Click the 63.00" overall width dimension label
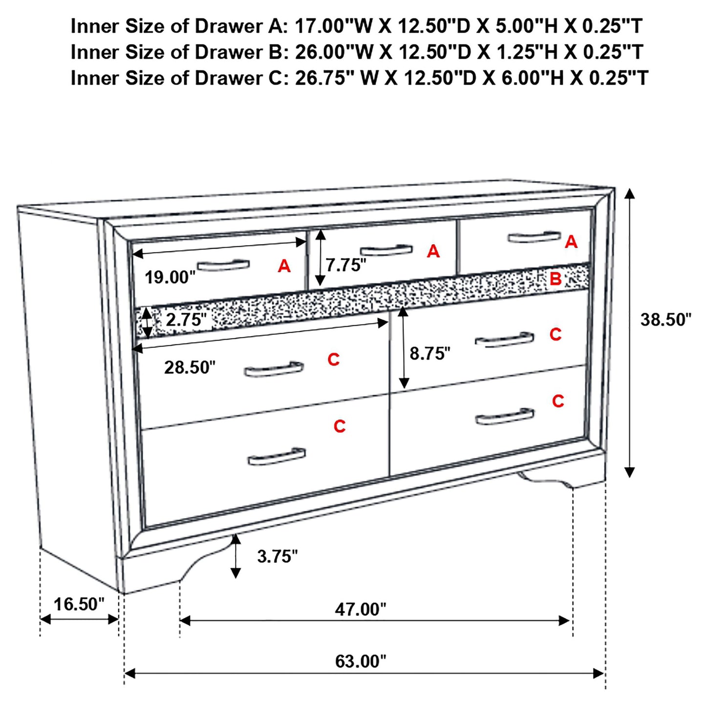point(360,661)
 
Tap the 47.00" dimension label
point(360,609)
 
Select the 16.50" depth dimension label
point(79,604)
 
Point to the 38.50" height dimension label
point(666,320)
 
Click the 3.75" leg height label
point(278,556)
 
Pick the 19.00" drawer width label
point(170,278)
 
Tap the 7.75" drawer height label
point(346,265)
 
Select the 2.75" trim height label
point(186,320)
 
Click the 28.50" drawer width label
point(190,367)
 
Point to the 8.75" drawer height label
point(430,353)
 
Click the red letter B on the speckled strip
point(556,279)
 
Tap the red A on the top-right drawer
point(571,242)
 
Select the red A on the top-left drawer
point(284,266)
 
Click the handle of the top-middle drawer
point(386,251)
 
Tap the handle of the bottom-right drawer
point(504,417)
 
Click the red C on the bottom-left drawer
point(340,427)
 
